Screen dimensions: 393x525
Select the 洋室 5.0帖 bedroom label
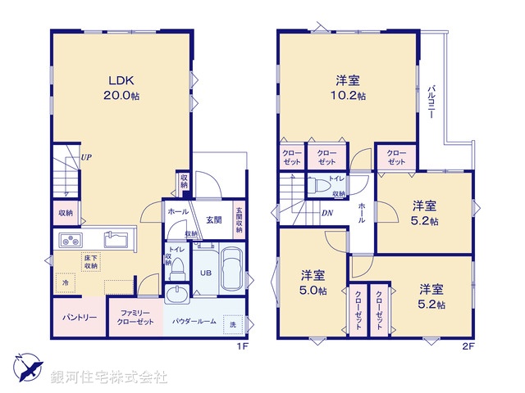[313, 282]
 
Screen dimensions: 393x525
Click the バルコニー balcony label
[431, 102]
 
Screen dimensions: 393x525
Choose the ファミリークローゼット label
[135, 317]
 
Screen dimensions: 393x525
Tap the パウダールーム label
[194, 321]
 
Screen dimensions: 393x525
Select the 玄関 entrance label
[214, 219]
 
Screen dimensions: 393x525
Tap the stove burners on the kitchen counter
[69, 241]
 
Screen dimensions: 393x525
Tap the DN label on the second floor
[326, 214]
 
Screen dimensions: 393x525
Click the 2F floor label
[468, 346]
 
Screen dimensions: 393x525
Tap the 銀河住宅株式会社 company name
[109, 377]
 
